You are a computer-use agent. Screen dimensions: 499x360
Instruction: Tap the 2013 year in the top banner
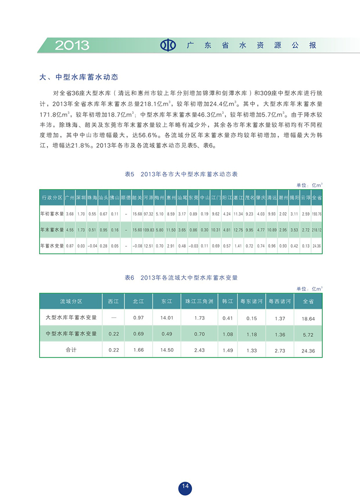[x=72, y=45]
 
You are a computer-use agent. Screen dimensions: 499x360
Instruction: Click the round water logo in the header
[x=169, y=45]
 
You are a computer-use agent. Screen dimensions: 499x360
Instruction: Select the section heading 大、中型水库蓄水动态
[x=79, y=77]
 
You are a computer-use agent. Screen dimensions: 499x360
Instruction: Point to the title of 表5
[x=180, y=174]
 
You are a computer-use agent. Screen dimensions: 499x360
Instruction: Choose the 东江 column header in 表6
[x=166, y=301]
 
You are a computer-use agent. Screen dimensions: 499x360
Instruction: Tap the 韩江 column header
[x=227, y=301]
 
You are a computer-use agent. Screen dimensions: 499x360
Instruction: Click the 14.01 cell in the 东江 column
[x=166, y=318]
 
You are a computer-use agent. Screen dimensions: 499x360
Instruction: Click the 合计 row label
[x=71, y=350]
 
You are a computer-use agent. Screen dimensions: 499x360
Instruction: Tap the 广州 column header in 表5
[x=69, y=197]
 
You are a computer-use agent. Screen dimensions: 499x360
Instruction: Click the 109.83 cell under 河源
[x=148, y=230]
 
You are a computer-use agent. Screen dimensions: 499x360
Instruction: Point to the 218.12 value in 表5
[x=317, y=230]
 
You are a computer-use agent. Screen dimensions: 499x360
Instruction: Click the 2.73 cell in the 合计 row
[x=279, y=350]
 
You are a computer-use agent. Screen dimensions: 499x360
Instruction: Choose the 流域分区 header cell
[x=71, y=301]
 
